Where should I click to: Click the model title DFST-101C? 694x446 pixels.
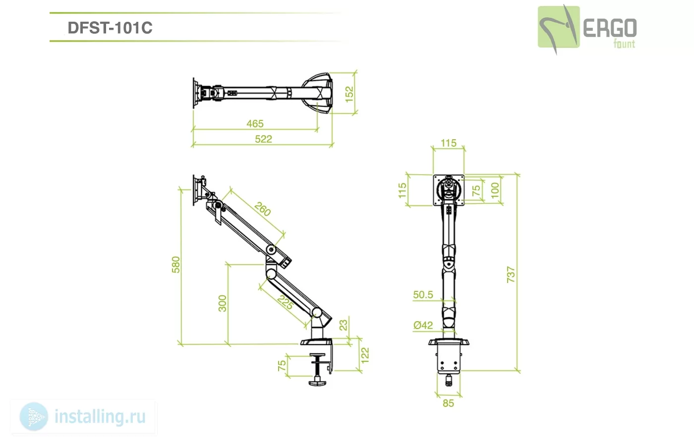tap(110, 28)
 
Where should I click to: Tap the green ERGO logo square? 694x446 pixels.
tap(559, 27)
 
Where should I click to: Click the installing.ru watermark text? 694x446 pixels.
tap(100, 417)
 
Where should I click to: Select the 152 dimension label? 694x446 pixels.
tap(349, 95)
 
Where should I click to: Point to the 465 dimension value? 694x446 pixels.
tap(255, 123)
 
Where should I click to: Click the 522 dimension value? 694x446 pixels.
tap(263, 139)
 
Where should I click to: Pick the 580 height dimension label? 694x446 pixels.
tap(175, 265)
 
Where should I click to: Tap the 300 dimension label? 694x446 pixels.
tap(223, 303)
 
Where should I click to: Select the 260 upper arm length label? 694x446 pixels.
tap(263, 209)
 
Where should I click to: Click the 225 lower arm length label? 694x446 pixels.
tap(285, 302)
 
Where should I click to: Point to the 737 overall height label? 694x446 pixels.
tap(511, 275)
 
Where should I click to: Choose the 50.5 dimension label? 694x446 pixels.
tap(423, 294)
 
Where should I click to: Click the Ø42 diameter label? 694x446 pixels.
tap(423, 325)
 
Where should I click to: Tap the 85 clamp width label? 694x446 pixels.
tap(448, 403)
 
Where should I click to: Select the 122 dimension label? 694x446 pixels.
tap(365, 355)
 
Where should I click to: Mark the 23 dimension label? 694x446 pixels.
tap(343, 325)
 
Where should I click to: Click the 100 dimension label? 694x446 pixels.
tap(495, 190)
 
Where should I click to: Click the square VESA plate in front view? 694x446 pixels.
tap(449, 190)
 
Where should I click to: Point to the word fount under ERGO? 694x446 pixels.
tap(624, 44)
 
